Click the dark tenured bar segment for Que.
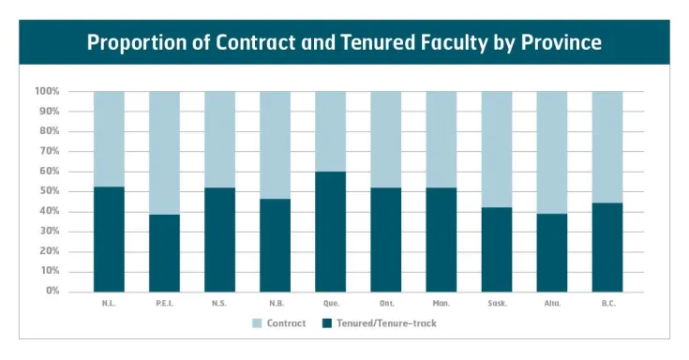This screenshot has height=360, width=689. point(330,231)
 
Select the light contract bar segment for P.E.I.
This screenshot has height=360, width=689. point(164,153)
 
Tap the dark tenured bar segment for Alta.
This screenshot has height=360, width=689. point(551,252)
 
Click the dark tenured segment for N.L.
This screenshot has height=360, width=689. point(109,239)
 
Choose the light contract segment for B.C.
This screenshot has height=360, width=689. point(607,147)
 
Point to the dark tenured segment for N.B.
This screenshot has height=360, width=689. point(275,245)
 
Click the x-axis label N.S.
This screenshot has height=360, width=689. point(219,304)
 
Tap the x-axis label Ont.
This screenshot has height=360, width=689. point(385,304)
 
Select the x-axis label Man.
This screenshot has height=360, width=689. point(441,304)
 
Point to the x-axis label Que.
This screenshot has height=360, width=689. point(330,304)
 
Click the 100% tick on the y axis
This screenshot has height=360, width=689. point(47,92)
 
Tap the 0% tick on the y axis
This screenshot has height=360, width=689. point(52,291)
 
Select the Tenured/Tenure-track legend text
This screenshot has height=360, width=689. point(384,323)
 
